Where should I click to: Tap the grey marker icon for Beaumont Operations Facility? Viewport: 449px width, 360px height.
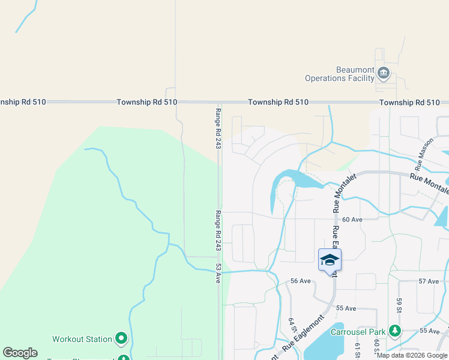click(384, 74)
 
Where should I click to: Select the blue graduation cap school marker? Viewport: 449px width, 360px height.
click(330, 260)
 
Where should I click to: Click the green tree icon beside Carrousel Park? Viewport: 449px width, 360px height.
click(394, 331)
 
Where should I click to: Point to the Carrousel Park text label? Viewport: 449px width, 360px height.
click(358, 332)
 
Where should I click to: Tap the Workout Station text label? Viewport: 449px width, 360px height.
click(82, 339)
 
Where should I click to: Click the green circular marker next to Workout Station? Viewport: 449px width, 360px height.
click(121, 339)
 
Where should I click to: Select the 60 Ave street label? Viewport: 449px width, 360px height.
click(354, 220)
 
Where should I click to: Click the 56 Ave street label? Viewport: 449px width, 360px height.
click(300, 281)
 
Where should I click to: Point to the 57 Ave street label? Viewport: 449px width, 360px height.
click(429, 281)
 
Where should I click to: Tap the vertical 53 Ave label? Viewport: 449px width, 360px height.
click(218, 273)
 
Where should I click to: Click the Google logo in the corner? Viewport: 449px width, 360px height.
click(20, 353)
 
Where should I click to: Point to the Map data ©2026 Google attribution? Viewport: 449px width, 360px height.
click(412, 355)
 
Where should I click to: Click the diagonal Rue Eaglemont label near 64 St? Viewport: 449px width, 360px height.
click(303, 335)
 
